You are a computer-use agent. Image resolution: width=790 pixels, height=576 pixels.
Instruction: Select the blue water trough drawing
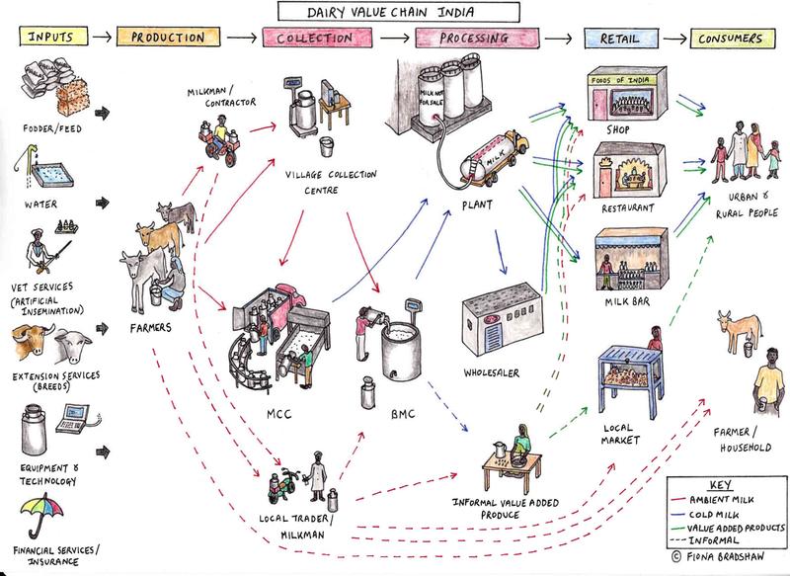(x=53, y=176)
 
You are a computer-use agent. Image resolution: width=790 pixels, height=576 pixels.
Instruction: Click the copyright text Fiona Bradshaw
(x=724, y=557)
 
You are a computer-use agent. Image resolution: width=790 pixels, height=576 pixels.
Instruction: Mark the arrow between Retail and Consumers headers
(x=674, y=39)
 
